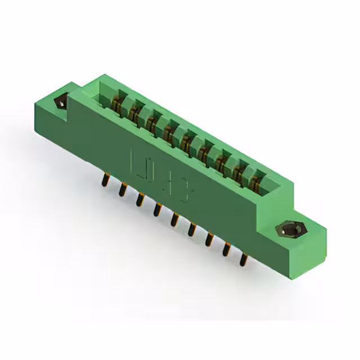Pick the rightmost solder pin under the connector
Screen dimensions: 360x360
pos(244,258)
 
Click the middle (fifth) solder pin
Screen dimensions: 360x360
pos(175,219)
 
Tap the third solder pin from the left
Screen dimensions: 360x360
pos(139,199)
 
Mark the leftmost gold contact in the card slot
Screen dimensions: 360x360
pos(117,105)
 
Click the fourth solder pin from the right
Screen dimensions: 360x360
pos(192,229)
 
